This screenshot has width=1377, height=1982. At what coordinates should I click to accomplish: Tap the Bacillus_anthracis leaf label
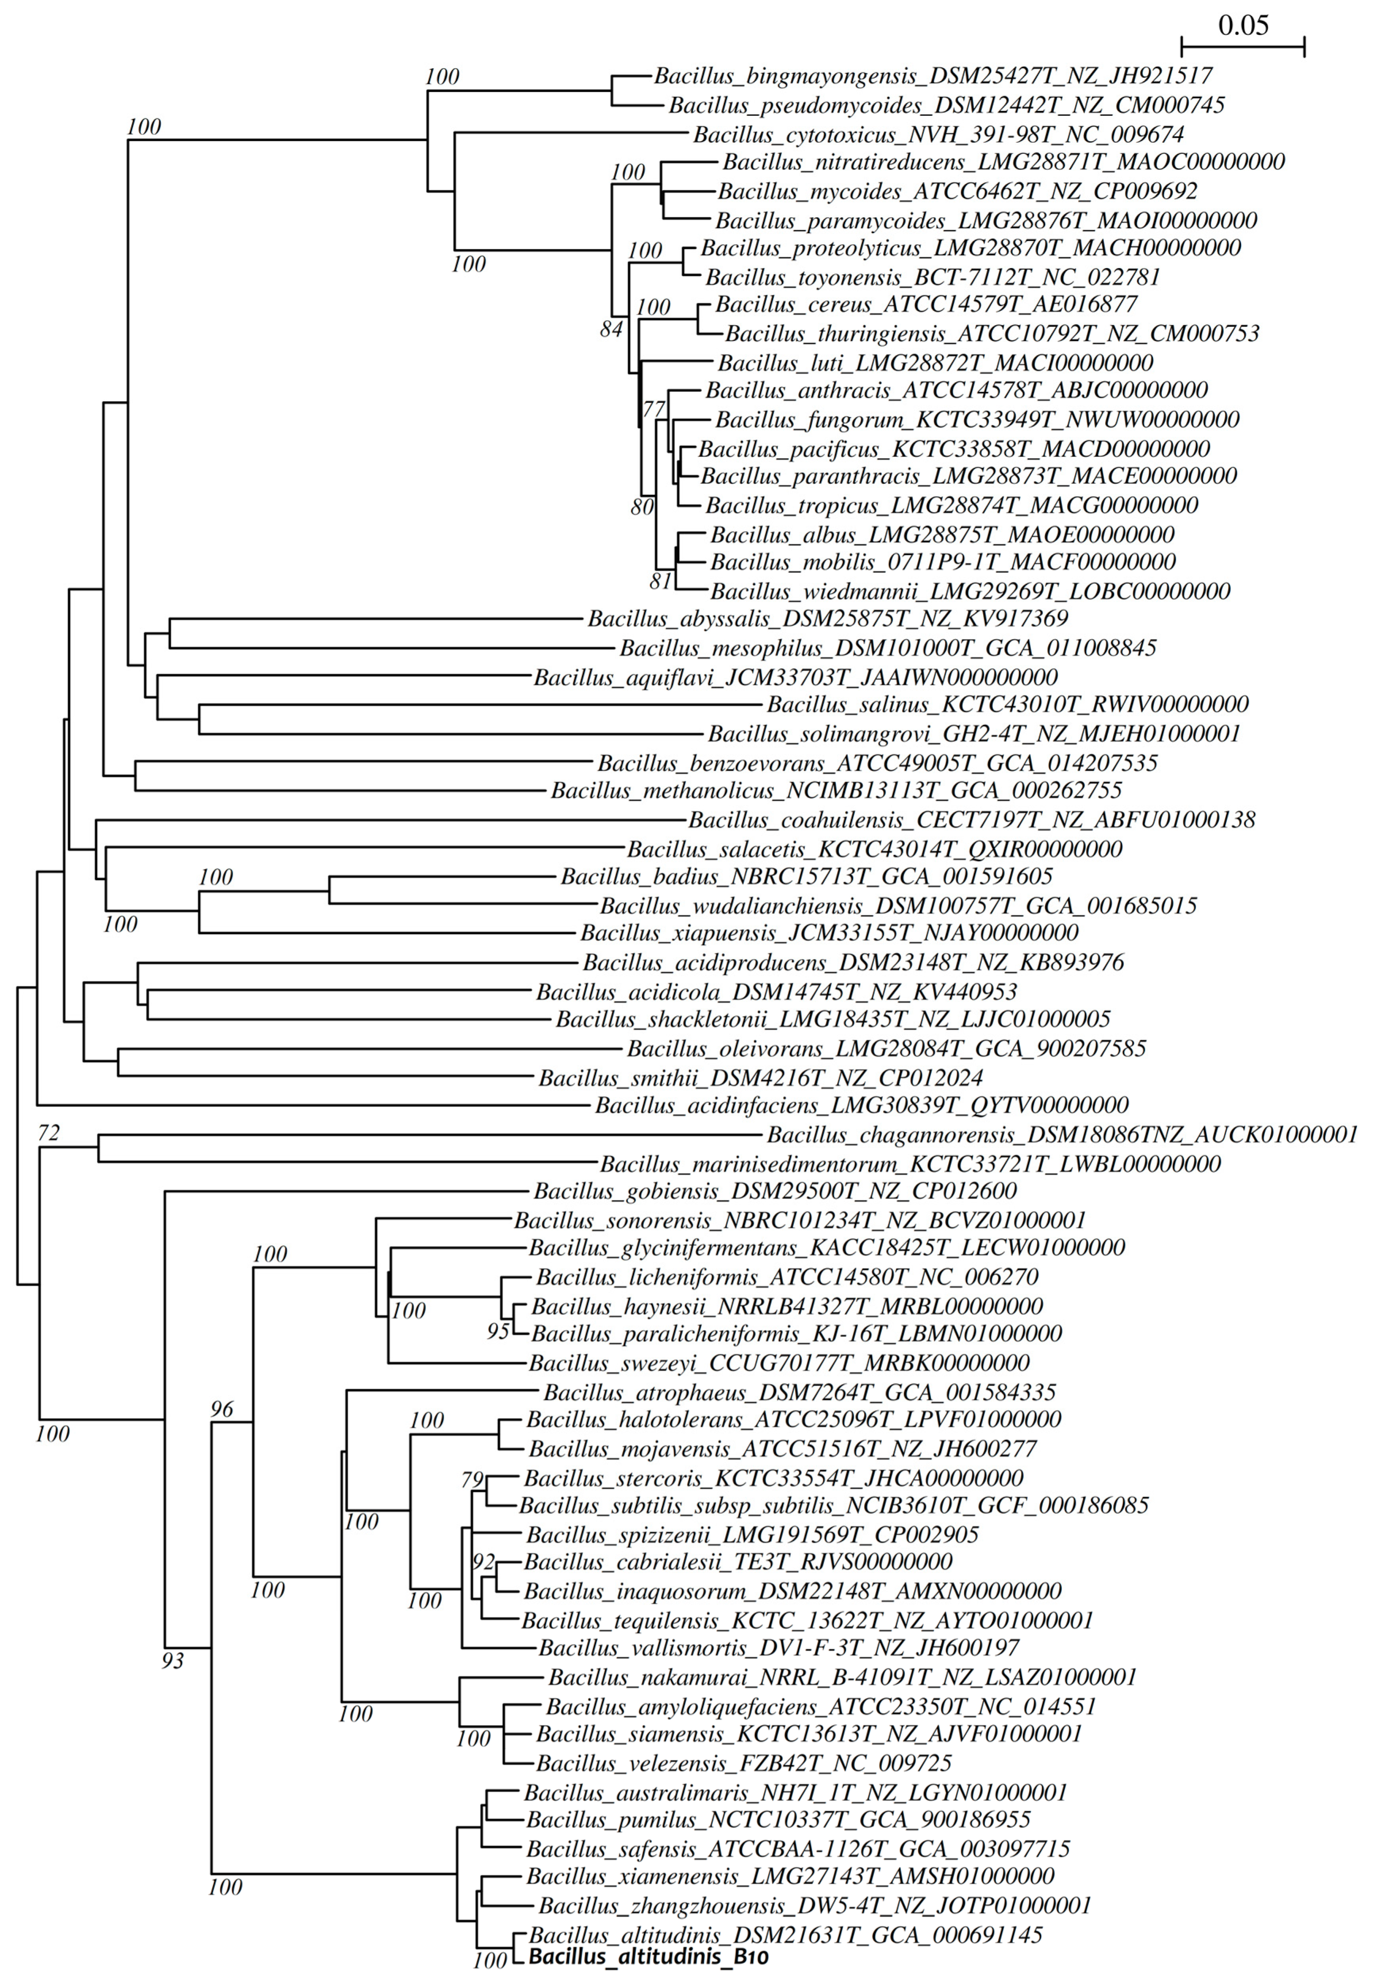coord(956,390)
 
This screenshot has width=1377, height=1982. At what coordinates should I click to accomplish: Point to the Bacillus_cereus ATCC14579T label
coord(926,304)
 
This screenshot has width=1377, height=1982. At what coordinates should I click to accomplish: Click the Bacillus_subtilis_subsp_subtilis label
coord(834,1530)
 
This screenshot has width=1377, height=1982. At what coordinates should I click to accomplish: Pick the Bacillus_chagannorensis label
coord(1062,1134)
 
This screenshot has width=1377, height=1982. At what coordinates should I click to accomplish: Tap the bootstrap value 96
coord(221,1409)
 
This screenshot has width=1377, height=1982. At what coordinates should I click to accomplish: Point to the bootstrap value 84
coord(611,329)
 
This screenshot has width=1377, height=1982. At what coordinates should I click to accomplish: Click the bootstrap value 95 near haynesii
coord(498,1331)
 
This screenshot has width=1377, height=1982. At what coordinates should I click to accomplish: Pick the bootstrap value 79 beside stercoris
coord(473,1480)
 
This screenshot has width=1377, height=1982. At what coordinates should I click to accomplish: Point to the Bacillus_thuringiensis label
coord(991,333)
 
